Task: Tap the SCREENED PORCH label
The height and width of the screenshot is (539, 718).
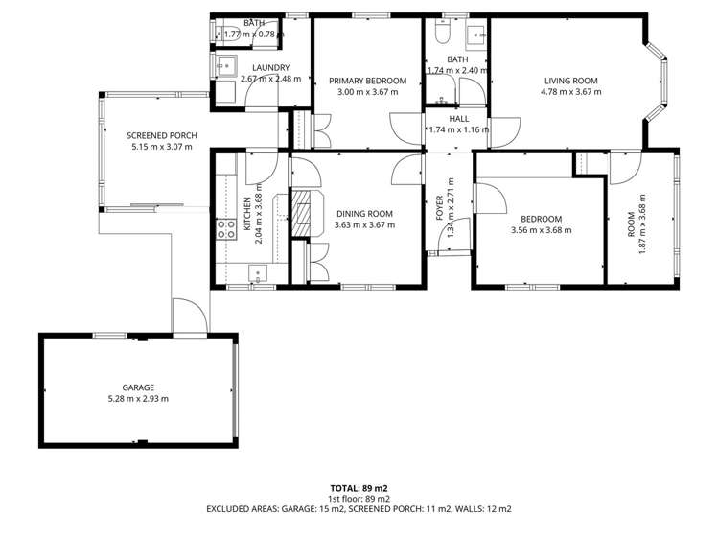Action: pos(162,136)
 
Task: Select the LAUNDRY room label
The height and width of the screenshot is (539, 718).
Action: pos(271,67)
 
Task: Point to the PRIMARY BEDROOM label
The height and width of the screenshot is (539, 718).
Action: pos(368,81)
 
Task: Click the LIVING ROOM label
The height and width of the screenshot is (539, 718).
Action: pos(570,81)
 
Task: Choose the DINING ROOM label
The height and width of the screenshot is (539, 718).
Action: pos(364,213)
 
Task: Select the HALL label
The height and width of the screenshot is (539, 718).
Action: pos(458,118)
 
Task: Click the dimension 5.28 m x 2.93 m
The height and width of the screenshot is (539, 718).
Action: pos(138,398)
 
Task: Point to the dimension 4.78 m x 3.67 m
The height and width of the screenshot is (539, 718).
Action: pos(570,92)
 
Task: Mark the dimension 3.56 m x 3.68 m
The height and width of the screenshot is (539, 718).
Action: pos(541,230)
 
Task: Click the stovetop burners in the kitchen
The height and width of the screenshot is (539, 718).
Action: pos(227,228)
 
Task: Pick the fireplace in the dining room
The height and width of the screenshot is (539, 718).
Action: pos(303,215)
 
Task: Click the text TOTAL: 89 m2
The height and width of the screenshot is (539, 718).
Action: pos(359,487)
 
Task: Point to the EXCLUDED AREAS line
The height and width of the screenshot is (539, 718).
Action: pos(359,509)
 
